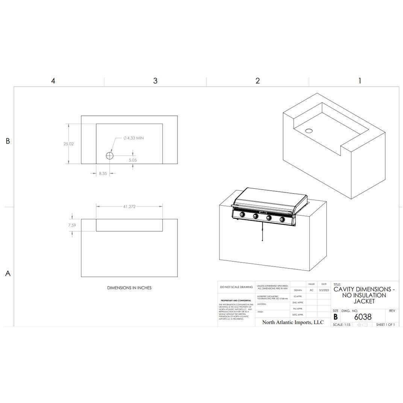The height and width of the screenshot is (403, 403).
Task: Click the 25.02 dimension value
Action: point(69,144)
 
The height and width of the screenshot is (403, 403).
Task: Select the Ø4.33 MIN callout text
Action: point(133,138)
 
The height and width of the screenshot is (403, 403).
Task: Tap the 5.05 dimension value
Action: point(133,160)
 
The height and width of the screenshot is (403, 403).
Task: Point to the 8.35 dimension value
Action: point(103,174)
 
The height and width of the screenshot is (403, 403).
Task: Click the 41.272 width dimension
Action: point(129,207)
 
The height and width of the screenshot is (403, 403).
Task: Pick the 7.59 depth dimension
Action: point(72,225)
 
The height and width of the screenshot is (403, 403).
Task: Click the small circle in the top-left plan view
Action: point(109,155)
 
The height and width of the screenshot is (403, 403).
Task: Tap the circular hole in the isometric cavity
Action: point(309,131)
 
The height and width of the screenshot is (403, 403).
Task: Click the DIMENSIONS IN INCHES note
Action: point(129,288)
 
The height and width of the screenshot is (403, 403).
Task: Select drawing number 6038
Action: point(363,317)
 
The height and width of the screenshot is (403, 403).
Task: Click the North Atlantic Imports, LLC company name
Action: point(292,322)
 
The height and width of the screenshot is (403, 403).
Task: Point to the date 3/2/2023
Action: point(324,290)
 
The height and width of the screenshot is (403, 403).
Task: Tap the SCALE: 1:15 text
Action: point(342,324)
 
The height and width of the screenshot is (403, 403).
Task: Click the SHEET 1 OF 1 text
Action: point(385,324)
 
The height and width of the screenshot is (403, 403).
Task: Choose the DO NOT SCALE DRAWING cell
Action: point(236,287)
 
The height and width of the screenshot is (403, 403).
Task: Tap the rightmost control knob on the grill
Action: point(282,219)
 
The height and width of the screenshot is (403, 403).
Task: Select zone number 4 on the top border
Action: point(53,81)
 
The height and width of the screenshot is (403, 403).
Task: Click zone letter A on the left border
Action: point(8,274)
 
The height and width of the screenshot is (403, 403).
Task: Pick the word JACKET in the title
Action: point(364,301)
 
